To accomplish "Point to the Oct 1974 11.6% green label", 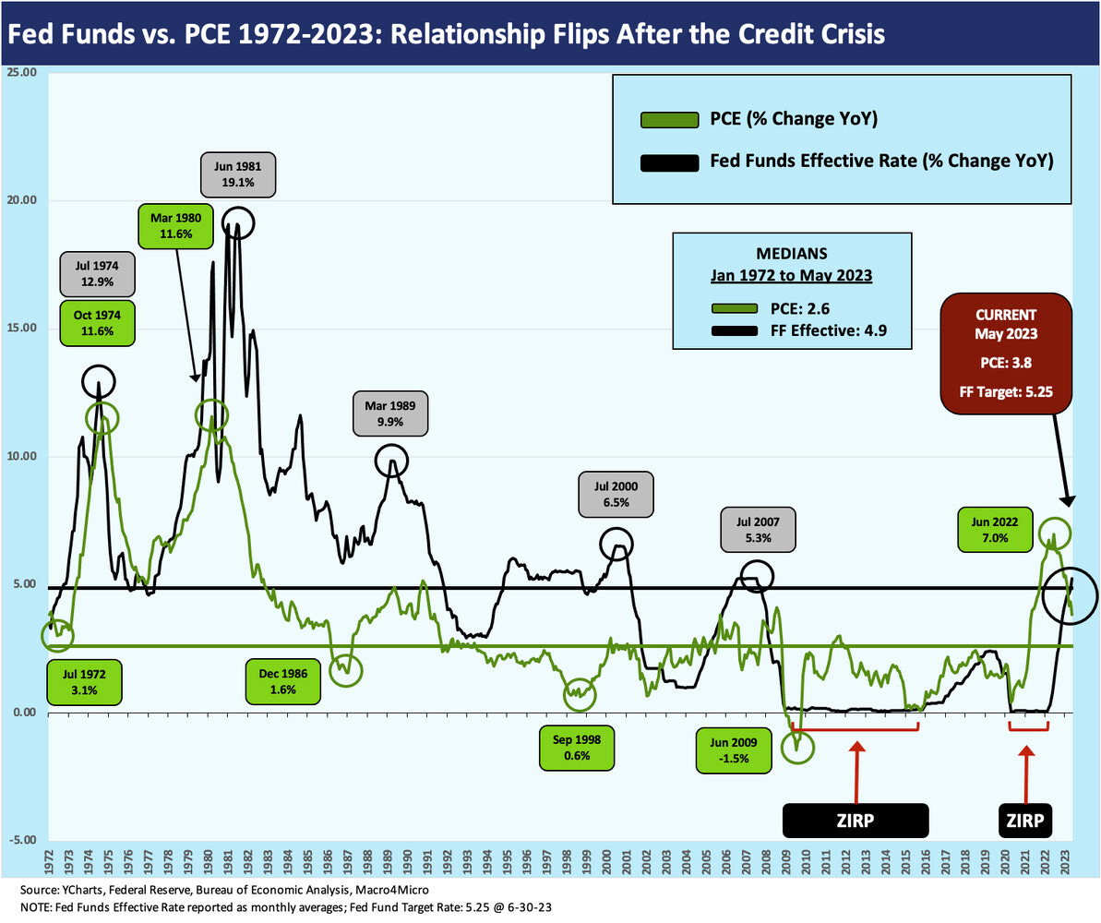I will click(x=98, y=323).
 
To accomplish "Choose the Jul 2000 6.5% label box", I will click(x=616, y=494).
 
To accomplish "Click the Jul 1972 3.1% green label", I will click(x=84, y=683).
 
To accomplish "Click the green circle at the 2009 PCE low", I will click(x=798, y=747).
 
